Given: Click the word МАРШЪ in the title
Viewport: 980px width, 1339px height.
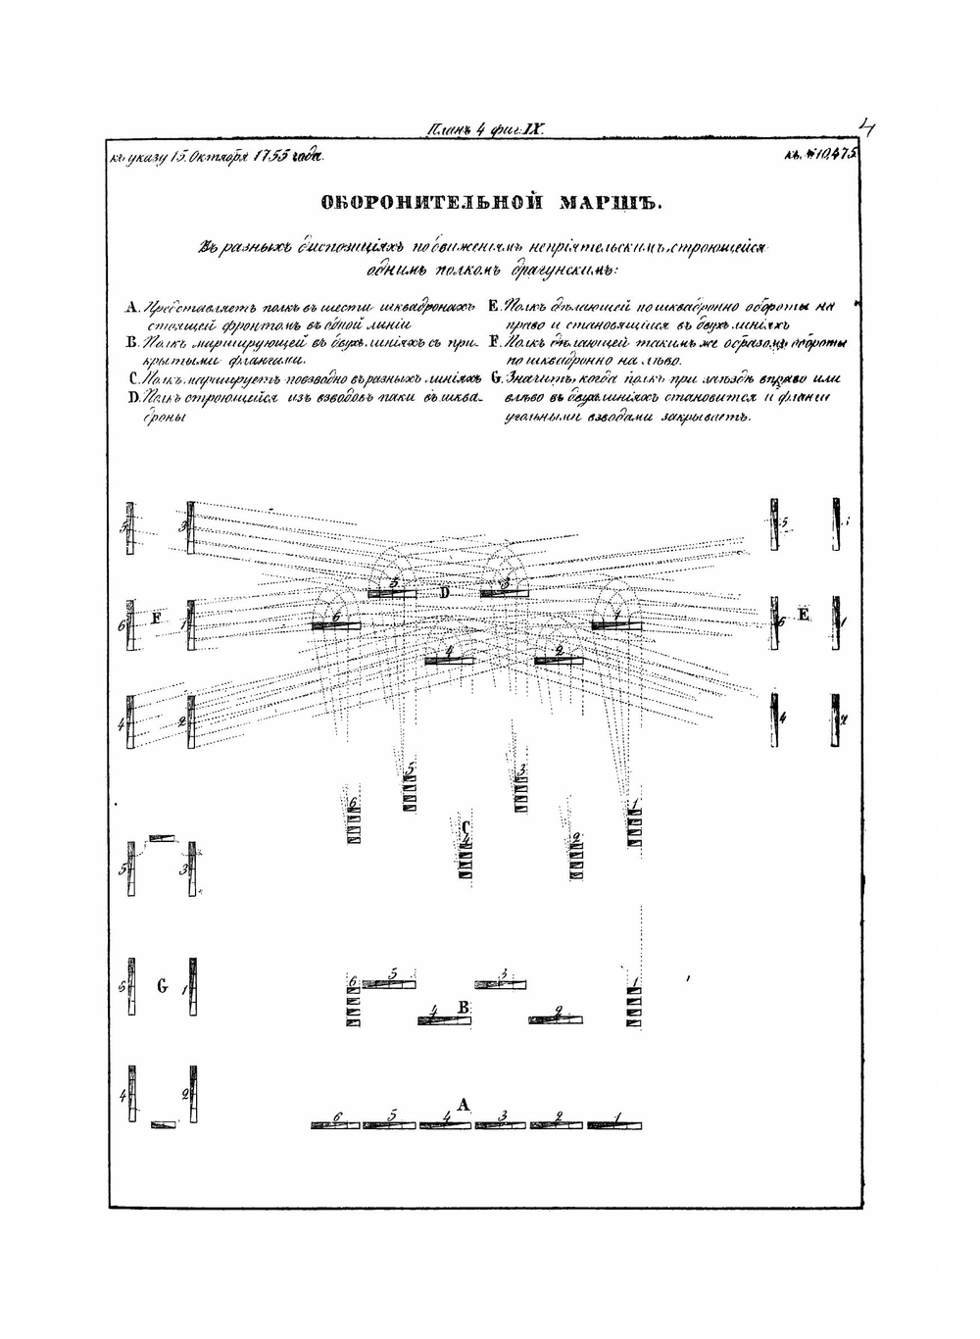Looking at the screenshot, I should pyautogui.click(x=612, y=204).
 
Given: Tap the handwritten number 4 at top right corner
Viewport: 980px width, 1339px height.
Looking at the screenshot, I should pyautogui.click(x=866, y=127).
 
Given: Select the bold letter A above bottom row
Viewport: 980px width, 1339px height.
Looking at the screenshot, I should pyautogui.click(x=464, y=1105).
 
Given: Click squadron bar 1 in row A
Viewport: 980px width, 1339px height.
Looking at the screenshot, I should pyautogui.click(x=615, y=1125).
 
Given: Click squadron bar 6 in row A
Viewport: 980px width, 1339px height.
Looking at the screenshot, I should pyautogui.click(x=336, y=1125).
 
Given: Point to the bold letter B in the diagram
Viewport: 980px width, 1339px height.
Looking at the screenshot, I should pyautogui.click(x=465, y=1008).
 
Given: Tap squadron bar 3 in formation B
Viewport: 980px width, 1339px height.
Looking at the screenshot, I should pyautogui.click(x=501, y=983).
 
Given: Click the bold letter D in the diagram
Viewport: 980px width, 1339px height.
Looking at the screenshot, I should pyautogui.click(x=444, y=593).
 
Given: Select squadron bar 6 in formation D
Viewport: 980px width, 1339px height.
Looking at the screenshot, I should pyautogui.click(x=336, y=625).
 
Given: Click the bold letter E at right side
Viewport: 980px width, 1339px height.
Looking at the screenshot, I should pyautogui.click(x=805, y=615).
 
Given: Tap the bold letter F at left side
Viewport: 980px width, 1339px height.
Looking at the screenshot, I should pyautogui.click(x=155, y=618).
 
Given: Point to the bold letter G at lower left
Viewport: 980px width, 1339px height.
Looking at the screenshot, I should pyautogui.click(x=162, y=986).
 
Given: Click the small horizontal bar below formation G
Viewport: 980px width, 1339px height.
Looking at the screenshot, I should pyautogui.click(x=164, y=1124).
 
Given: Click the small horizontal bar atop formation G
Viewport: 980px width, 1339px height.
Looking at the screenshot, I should pyautogui.click(x=162, y=838).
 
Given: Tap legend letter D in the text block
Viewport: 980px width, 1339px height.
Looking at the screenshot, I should pyautogui.click(x=131, y=397).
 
